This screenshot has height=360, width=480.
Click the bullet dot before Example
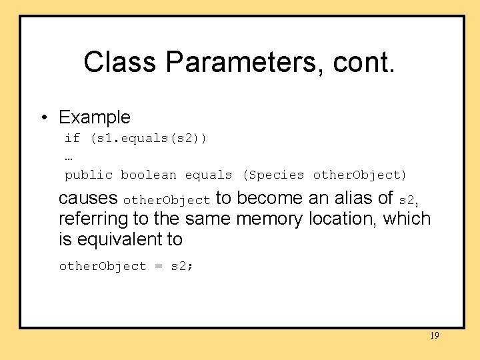pyautogui.click(x=43, y=118)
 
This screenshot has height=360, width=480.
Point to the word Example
pyautogui.click(x=95, y=118)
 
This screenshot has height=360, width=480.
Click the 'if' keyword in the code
pyautogui.click(x=72, y=138)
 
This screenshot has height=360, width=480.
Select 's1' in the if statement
pyautogui.click(x=101, y=138)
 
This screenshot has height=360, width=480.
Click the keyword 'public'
pyautogui.click(x=88, y=175)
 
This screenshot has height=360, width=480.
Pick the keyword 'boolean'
pyautogui.click(x=149, y=175)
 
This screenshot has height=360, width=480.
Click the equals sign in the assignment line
pyautogui.click(x=158, y=267)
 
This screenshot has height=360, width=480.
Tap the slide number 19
pyautogui.click(x=435, y=336)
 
